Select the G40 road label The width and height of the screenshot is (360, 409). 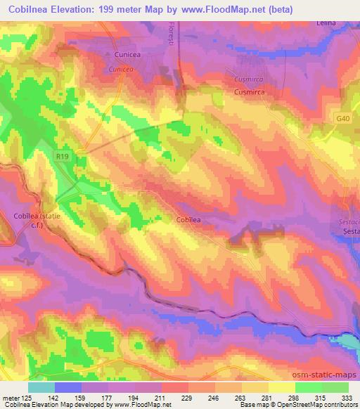[342, 119]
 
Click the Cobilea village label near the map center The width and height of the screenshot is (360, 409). [188, 220]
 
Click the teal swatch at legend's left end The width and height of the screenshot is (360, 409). [41, 387]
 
